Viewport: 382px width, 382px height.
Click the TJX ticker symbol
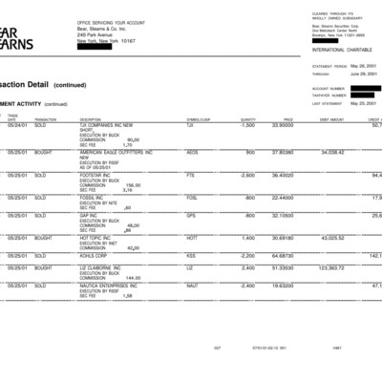click(190, 125)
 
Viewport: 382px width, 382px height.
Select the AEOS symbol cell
click(192, 152)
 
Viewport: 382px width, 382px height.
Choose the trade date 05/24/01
click(17, 125)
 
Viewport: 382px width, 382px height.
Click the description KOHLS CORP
click(98, 256)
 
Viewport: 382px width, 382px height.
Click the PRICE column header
click(287, 119)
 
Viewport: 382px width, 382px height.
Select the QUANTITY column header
click(248, 119)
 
